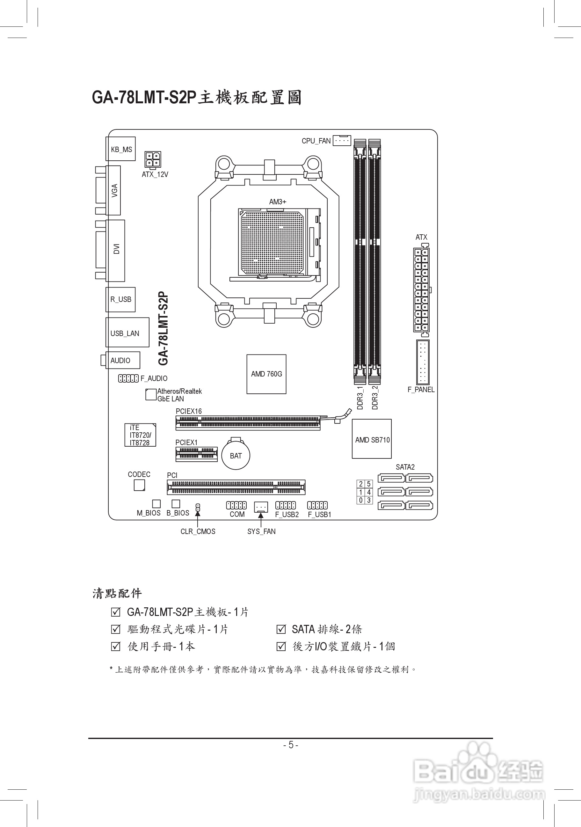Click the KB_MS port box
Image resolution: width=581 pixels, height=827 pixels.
point(120,149)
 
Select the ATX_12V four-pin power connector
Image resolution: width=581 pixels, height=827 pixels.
point(153,159)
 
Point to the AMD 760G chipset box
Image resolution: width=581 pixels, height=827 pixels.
point(266,374)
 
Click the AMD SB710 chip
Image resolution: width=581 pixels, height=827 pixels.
point(372,439)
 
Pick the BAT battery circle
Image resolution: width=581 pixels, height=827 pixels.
point(236,456)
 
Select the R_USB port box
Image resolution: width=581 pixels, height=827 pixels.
point(120,299)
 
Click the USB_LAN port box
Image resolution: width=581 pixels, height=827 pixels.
point(127,333)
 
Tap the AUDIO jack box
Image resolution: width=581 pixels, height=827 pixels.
point(122,360)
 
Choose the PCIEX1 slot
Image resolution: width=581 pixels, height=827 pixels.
point(197,454)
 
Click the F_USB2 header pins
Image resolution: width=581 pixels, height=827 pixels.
point(286,505)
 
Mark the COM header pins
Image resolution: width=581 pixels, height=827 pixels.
point(236,505)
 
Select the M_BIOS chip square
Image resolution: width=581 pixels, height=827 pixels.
point(156,503)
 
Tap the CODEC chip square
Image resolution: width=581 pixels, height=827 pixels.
point(139,485)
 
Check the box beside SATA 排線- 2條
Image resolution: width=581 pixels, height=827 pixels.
point(281,629)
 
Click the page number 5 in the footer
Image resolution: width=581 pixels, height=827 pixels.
point(291,744)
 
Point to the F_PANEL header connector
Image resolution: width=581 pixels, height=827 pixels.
point(423,362)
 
